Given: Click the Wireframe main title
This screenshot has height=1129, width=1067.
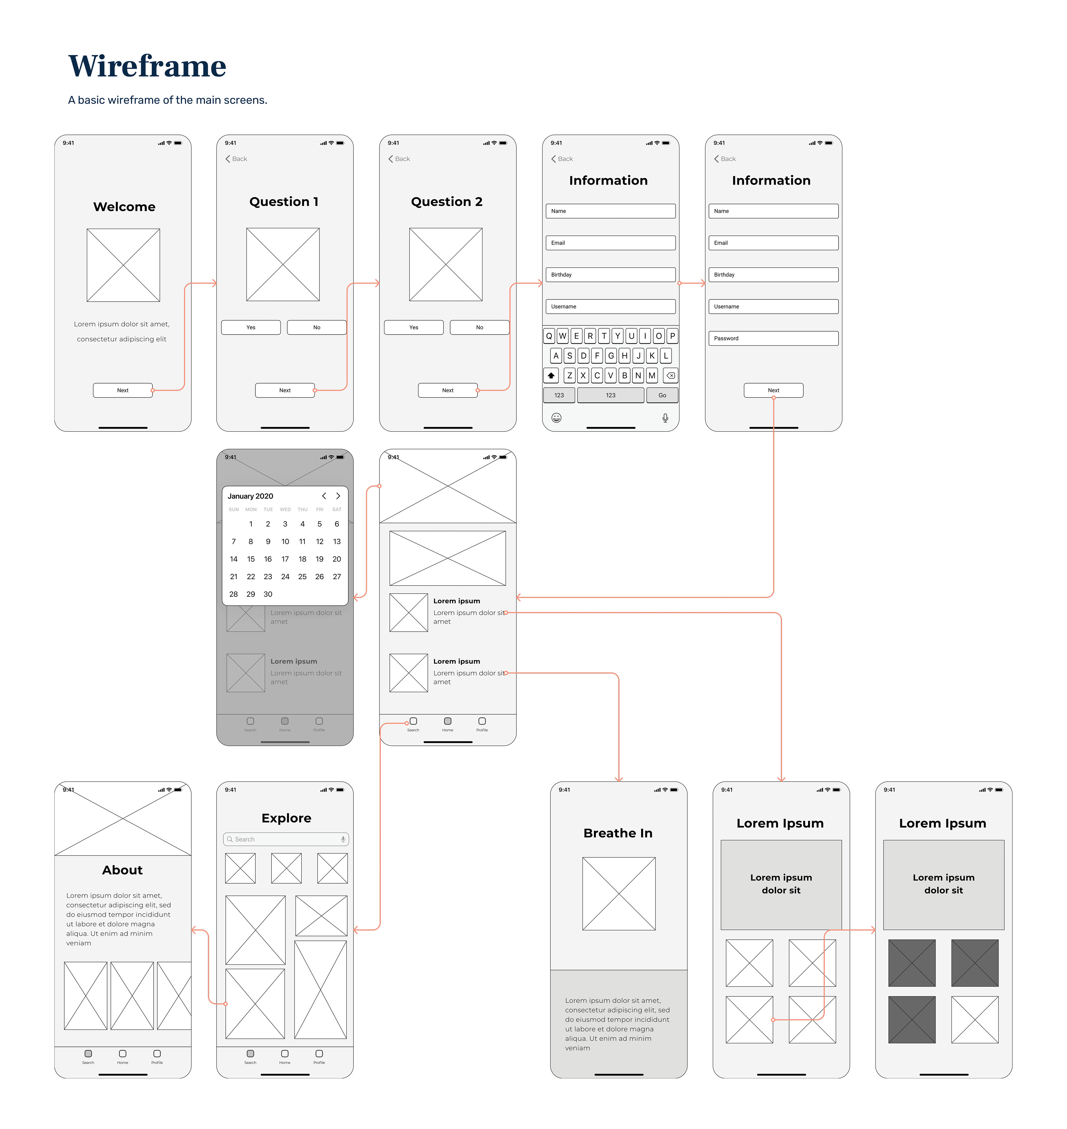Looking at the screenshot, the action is click(147, 66).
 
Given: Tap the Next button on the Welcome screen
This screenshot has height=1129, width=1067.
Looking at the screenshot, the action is click(123, 391).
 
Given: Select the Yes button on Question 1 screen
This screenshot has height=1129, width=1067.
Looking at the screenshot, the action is click(251, 327).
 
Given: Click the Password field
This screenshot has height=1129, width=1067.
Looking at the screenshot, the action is click(773, 338).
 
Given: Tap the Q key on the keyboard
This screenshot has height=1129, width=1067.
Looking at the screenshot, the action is click(549, 336).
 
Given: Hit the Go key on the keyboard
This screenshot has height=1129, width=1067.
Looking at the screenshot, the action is click(662, 395).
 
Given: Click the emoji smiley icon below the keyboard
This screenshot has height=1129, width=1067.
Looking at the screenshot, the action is click(556, 418).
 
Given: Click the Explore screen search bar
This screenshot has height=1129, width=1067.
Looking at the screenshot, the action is click(286, 839).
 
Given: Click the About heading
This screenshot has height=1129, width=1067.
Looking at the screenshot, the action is click(122, 870).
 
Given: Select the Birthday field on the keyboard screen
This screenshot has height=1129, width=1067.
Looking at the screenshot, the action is click(610, 275).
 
